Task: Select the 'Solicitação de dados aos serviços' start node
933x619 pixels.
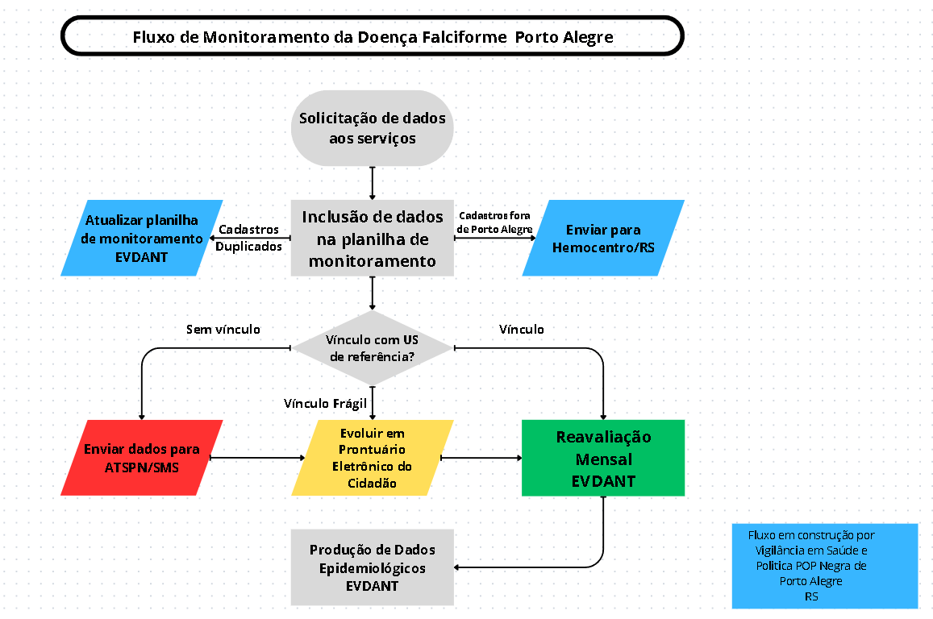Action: coord(373,128)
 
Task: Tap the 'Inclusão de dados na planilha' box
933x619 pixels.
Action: coord(373,238)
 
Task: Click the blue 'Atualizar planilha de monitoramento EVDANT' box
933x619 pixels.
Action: coord(142,238)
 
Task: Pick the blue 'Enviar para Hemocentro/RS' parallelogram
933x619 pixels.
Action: coord(603,238)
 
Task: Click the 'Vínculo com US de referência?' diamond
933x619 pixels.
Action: coord(373,348)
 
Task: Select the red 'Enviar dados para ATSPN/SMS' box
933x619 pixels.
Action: coord(142,458)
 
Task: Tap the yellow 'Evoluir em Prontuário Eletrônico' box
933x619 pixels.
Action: coord(373,458)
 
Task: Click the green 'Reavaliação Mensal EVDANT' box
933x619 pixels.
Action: coord(603,458)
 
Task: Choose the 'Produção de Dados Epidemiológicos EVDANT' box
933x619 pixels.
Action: coord(373,567)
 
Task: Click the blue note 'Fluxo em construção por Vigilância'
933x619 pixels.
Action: coord(825,566)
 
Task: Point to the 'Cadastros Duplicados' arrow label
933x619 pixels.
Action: coord(248,238)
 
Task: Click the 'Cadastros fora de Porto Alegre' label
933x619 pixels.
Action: coord(494,222)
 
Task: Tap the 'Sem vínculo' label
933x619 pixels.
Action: coord(223,330)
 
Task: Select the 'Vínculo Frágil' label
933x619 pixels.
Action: coord(326,404)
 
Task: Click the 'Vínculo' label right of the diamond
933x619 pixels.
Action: coord(521,330)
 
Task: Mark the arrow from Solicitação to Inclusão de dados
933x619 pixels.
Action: coord(373,183)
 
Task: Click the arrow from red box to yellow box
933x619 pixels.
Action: coord(258,458)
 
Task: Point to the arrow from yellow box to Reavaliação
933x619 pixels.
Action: coord(481,458)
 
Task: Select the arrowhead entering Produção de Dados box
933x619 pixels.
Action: coord(456,567)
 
